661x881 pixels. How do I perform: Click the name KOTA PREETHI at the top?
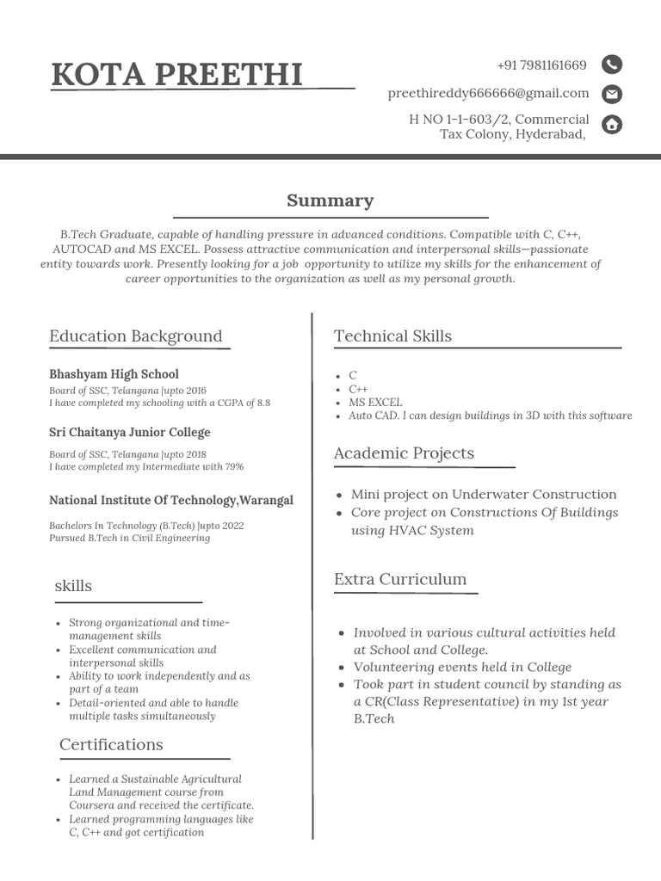(x=176, y=75)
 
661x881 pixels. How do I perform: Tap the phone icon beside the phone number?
(x=611, y=65)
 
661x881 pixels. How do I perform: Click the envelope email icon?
(x=611, y=94)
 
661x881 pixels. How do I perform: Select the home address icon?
(x=611, y=125)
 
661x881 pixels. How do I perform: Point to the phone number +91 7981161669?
(x=541, y=65)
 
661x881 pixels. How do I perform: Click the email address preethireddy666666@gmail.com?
(x=488, y=93)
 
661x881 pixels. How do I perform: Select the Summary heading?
(x=330, y=200)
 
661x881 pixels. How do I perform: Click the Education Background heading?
(x=135, y=336)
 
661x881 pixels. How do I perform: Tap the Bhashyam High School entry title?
(x=114, y=374)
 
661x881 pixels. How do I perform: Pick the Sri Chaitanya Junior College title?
(x=129, y=432)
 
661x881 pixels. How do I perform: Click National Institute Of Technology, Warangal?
(x=170, y=500)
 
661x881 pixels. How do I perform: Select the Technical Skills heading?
(x=392, y=336)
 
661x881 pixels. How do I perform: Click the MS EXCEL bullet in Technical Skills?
(x=375, y=402)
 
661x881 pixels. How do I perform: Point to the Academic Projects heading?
(x=404, y=453)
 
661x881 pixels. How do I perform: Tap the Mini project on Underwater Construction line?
(x=483, y=495)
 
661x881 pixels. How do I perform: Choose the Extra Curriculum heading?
(x=400, y=579)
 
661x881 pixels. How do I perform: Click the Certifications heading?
(x=111, y=744)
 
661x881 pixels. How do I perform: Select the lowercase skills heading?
(x=73, y=586)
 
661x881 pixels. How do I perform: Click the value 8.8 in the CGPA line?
(x=263, y=403)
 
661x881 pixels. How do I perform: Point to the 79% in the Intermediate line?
(x=234, y=467)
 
